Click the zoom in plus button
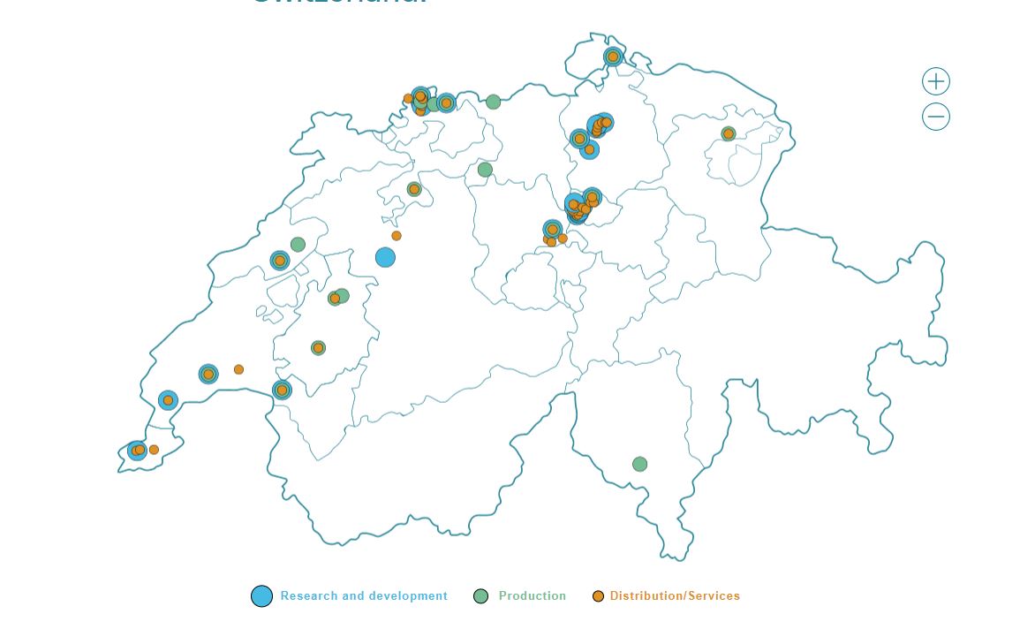(936, 81)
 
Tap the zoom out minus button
(936, 117)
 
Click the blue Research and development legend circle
(261, 596)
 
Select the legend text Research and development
(364, 596)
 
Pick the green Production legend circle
(481, 596)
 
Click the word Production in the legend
(533, 596)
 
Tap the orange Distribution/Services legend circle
(598, 596)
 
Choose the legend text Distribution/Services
(675, 596)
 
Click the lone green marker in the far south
(640, 464)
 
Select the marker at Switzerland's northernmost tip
(613, 57)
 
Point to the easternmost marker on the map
(729, 134)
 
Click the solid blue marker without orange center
(385, 257)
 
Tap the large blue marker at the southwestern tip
(137, 451)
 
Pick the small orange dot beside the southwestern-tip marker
(154, 450)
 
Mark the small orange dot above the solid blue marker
(397, 236)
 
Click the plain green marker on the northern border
(494, 102)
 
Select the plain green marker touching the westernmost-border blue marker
(298, 245)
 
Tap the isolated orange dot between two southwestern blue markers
(238, 369)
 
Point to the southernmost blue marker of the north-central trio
(590, 149)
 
